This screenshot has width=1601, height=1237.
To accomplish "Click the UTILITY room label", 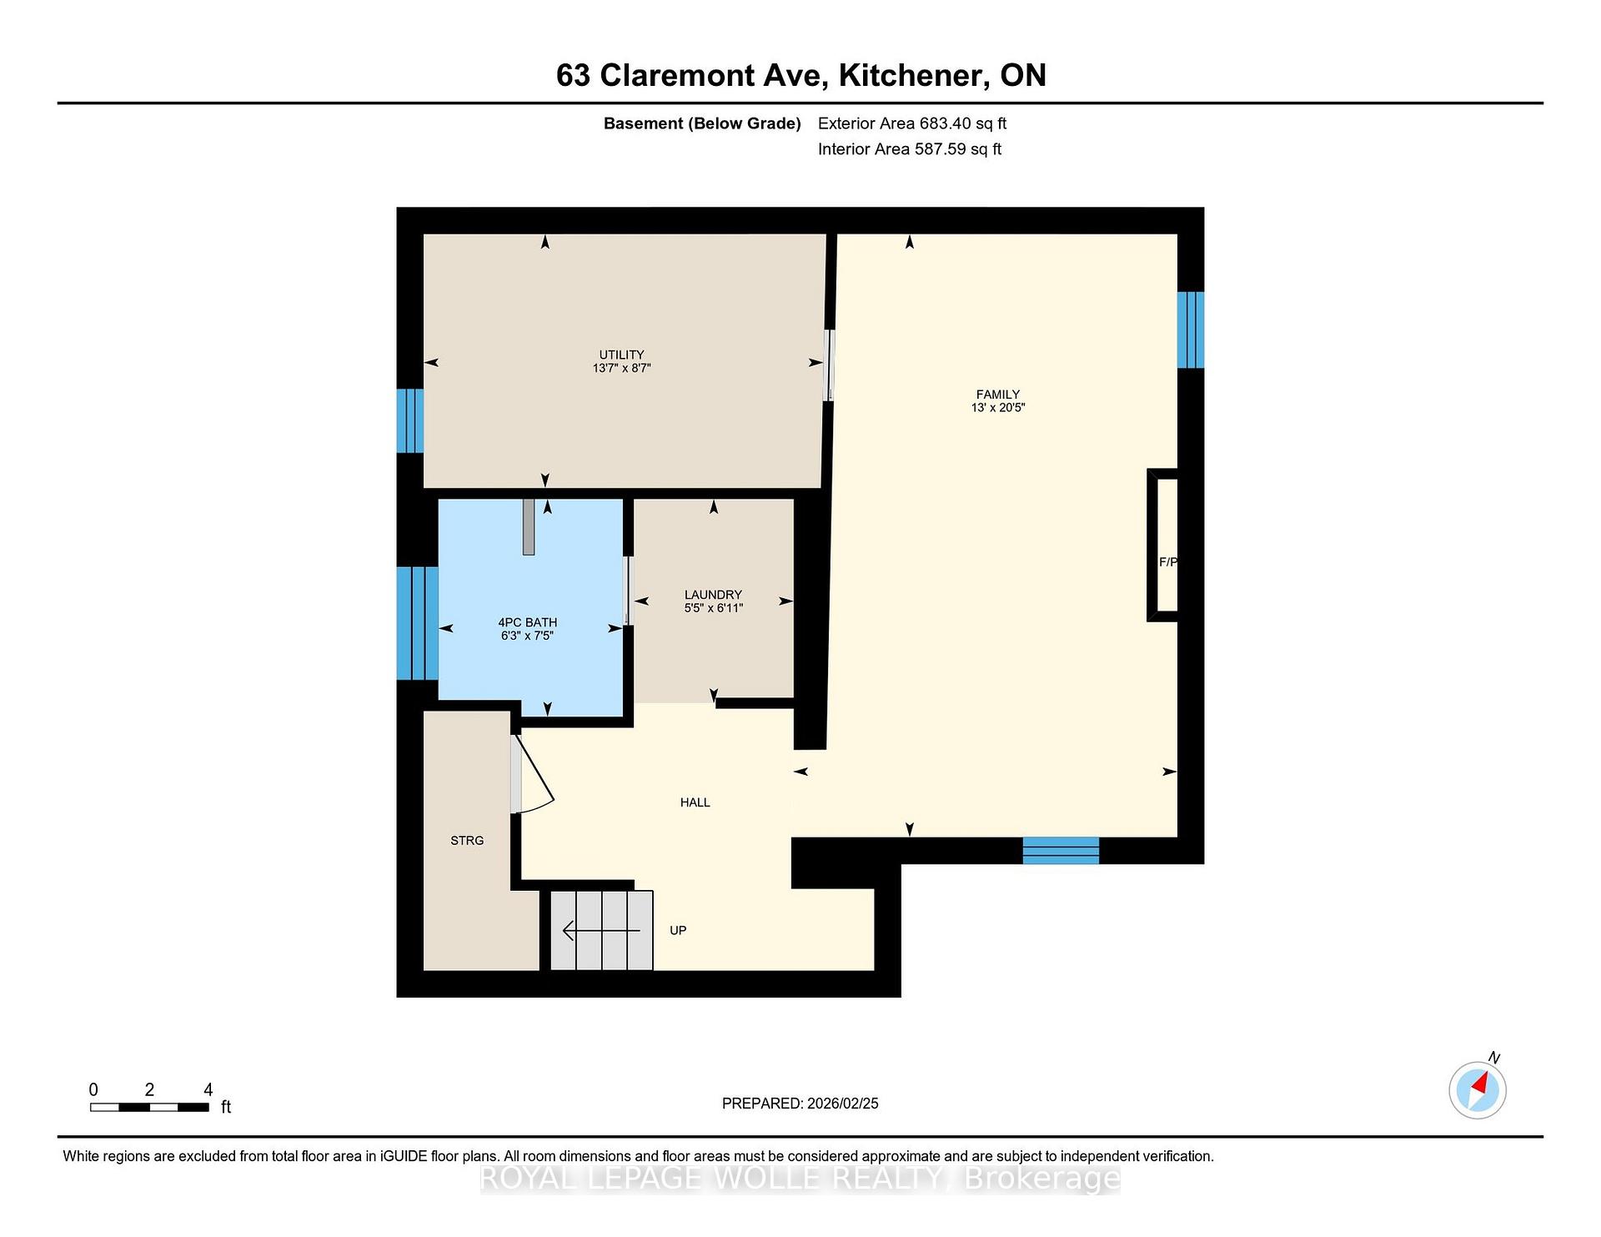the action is pyautogui.click(x=621, y=355).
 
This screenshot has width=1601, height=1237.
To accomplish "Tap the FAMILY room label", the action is pyautogui.click(x=998, y=395).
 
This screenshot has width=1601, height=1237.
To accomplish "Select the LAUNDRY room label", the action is pyautogui.click(x=713, y=595).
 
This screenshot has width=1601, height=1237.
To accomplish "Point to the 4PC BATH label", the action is pyautogui.click(x=527, y=622).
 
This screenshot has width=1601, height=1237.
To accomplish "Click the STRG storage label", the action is pyautogui.click(x=467, y=841).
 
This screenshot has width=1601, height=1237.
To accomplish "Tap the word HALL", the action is pyautogui.click(x=695, y=802).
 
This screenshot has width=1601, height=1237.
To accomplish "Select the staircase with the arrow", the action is pyautogui.click(x=601, y=930).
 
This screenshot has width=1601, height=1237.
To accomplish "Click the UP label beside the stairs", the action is pyautogui.click(x=678, y=930).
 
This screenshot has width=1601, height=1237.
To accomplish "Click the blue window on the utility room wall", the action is pyautogui.click(x=410, y=421).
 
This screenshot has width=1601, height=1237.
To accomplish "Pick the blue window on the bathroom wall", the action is pyautogui.click(x=418, y=623).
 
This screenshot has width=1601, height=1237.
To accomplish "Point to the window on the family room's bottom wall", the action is pyautogui.click(x=1061, y=851).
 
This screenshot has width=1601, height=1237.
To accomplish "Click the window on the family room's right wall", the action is pyautogui.click(x=1191, y=329).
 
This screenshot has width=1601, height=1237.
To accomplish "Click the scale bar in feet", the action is pyautogui.click(x=149, y=1108).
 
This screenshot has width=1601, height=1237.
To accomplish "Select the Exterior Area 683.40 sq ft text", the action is pyautogui.click(x=912, y=123).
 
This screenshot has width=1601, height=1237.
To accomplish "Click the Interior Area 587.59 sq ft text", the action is pyautogui.click(x=910, y=149).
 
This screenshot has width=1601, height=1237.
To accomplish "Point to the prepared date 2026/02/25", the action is pyautogui.click(x=843, y=1104).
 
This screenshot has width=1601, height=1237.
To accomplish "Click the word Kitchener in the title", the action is pyautogui.click(x=911, y=76).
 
